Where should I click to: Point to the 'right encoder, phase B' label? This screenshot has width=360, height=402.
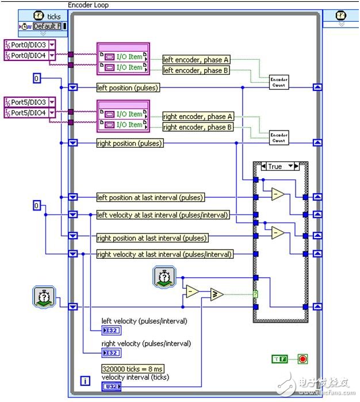pyautogui.click(x=198, y=127)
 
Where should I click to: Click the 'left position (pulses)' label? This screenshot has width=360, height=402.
pyautogui.click(x=128, y=87)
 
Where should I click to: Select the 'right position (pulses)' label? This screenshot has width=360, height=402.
pyautogui.click(x=129, y=143)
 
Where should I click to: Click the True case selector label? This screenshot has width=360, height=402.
pyautogui.click(x=275, y=166)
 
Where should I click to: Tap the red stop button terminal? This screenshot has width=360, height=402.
pyautogui.click(x=302, y=359)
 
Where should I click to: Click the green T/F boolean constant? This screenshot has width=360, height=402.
pyautogui.click(x=279, y=359)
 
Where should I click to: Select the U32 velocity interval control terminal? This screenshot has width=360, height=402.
pyautogui.click(x=110, y=387)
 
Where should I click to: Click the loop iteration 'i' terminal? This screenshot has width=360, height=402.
pyautogui.click(x=85, y=381)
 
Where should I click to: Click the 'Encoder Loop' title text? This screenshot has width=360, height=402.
pyautogui.click(x=88, y=5)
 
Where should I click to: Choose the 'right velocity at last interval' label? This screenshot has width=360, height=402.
pyautogui.click(x=164, y=254)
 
